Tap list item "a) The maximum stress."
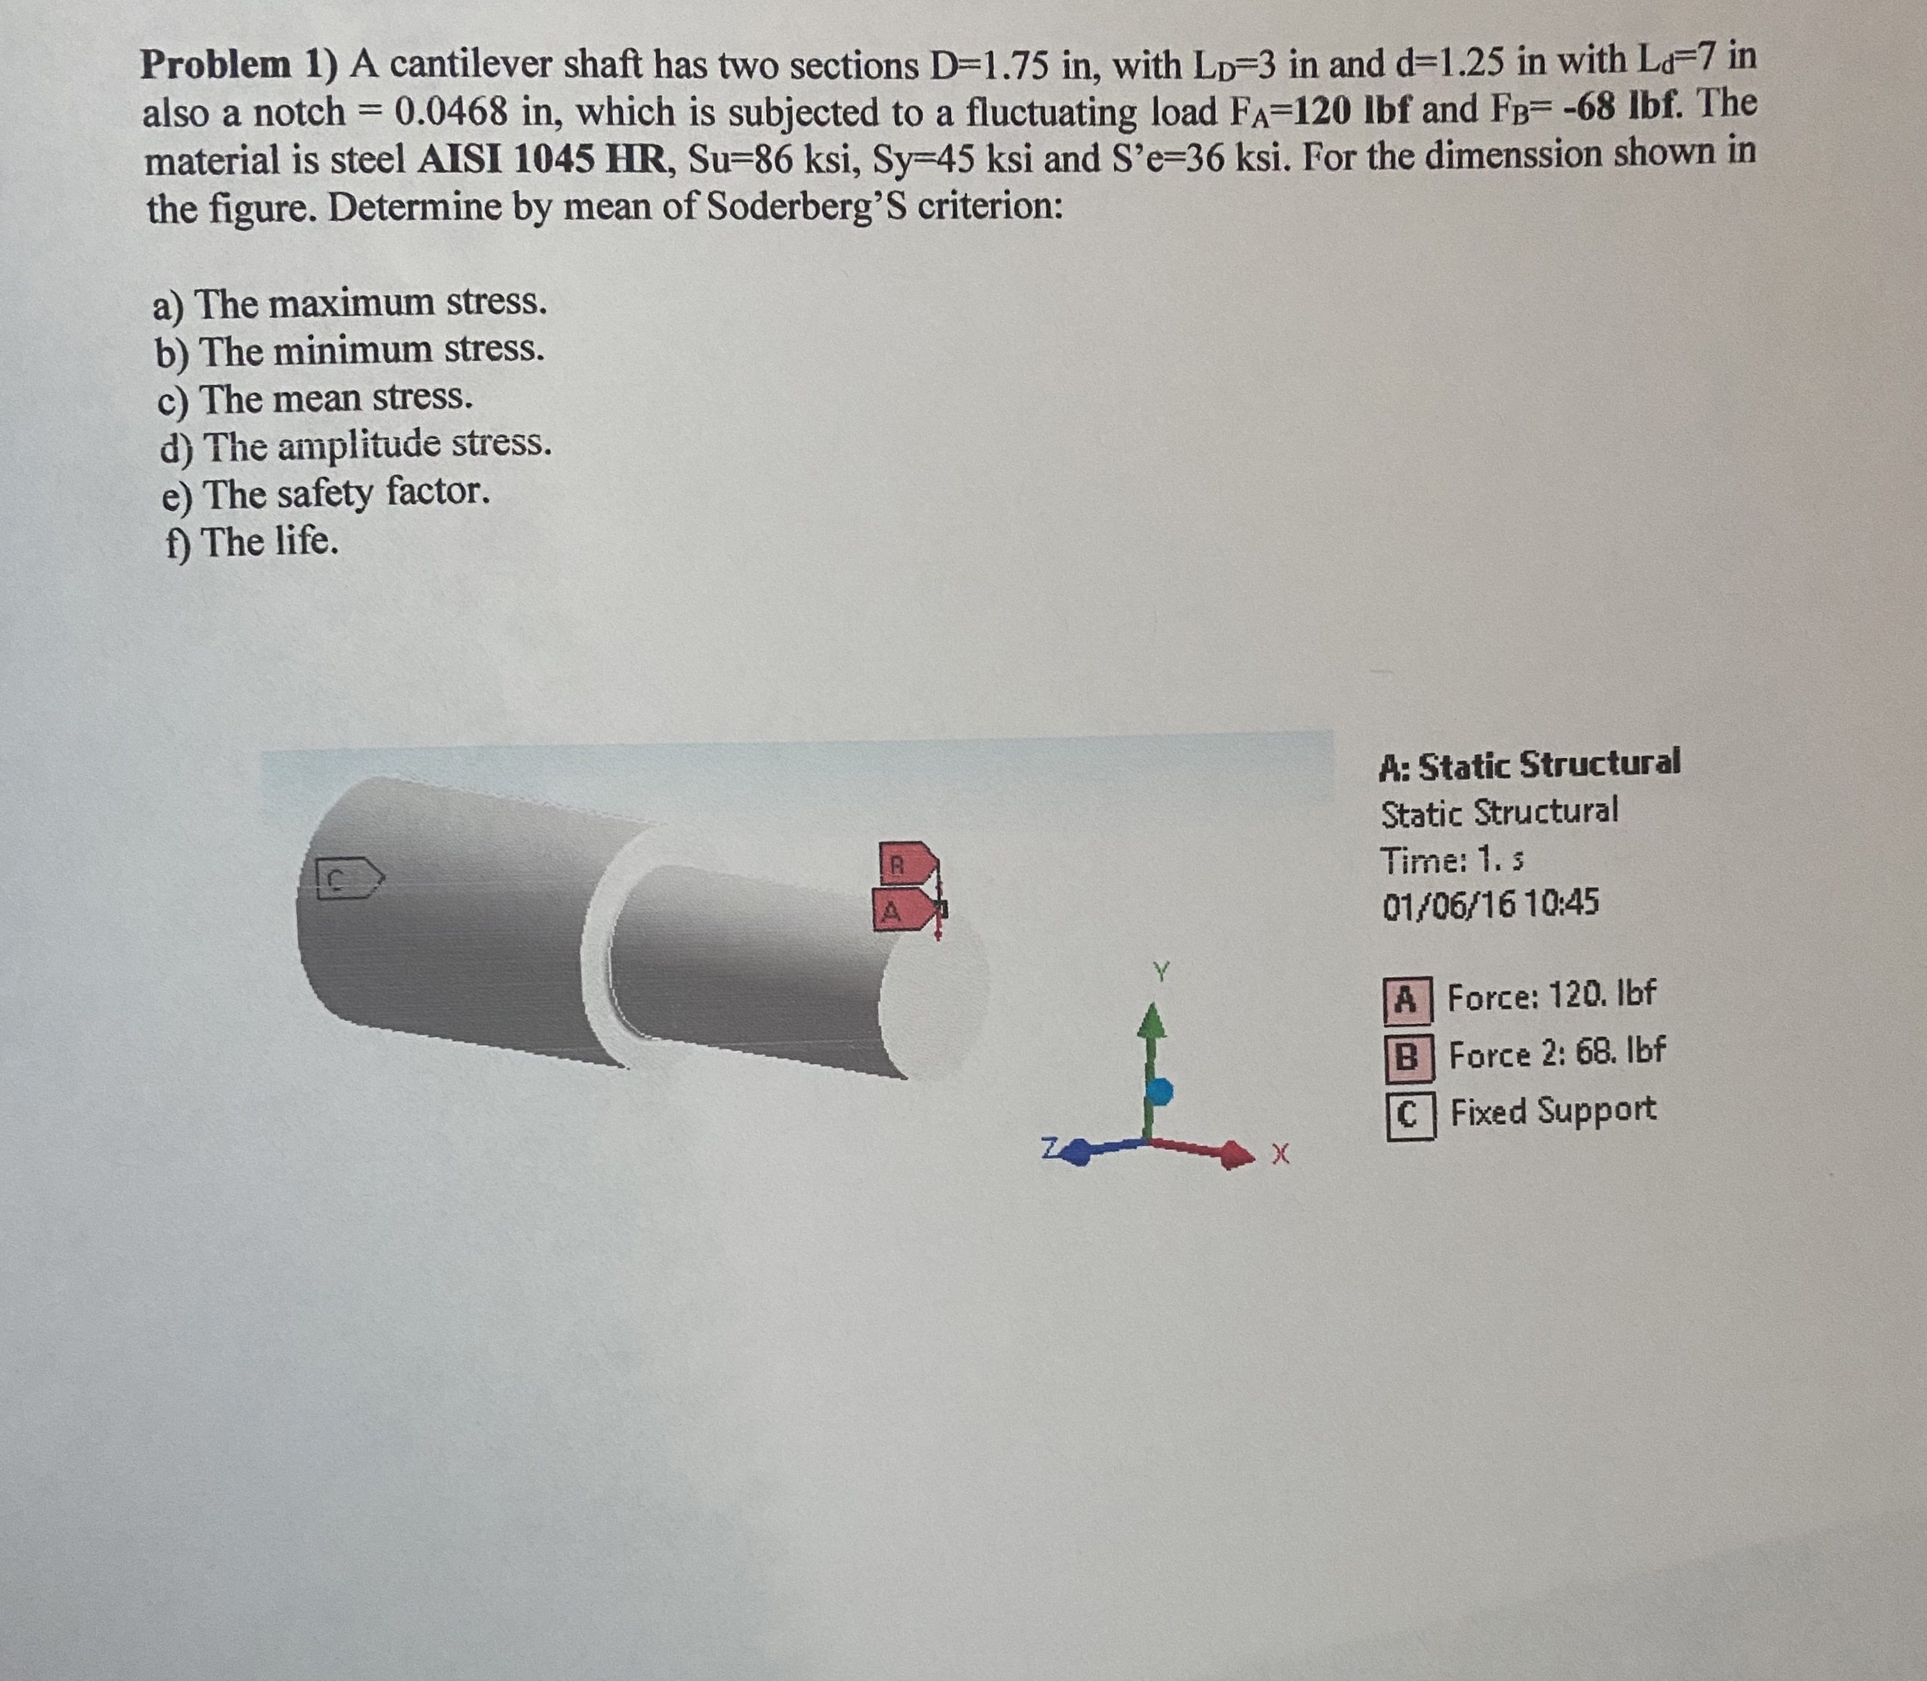tap(351, 302)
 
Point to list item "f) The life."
tap(251, 541)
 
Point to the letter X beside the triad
tap(1281, 1156)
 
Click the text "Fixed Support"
tap(1552, 1112)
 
